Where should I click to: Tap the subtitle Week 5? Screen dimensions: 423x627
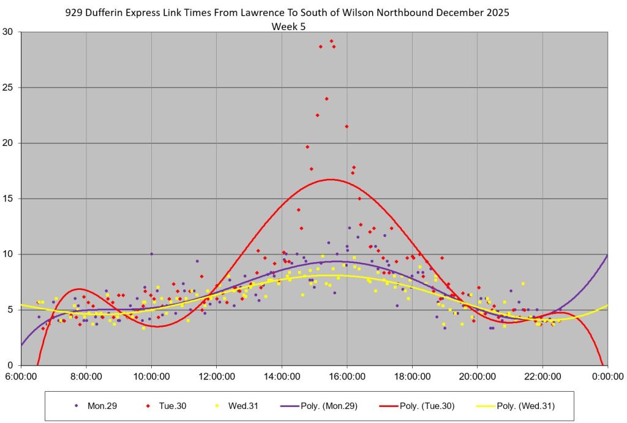[288, 26]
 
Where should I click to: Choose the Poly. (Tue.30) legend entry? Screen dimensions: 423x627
[428, 406]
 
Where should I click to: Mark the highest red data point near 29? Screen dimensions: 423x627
[331, 41]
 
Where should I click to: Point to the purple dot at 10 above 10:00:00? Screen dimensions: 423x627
[151, 254]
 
